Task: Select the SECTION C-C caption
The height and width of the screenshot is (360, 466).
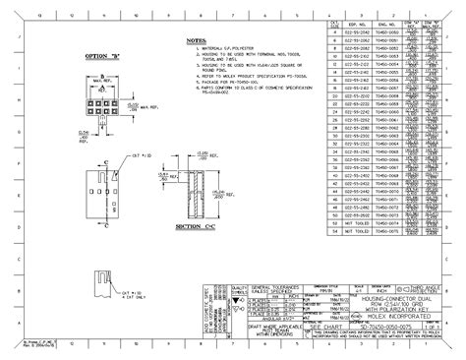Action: pyautogui.click(x=197, y=225)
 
